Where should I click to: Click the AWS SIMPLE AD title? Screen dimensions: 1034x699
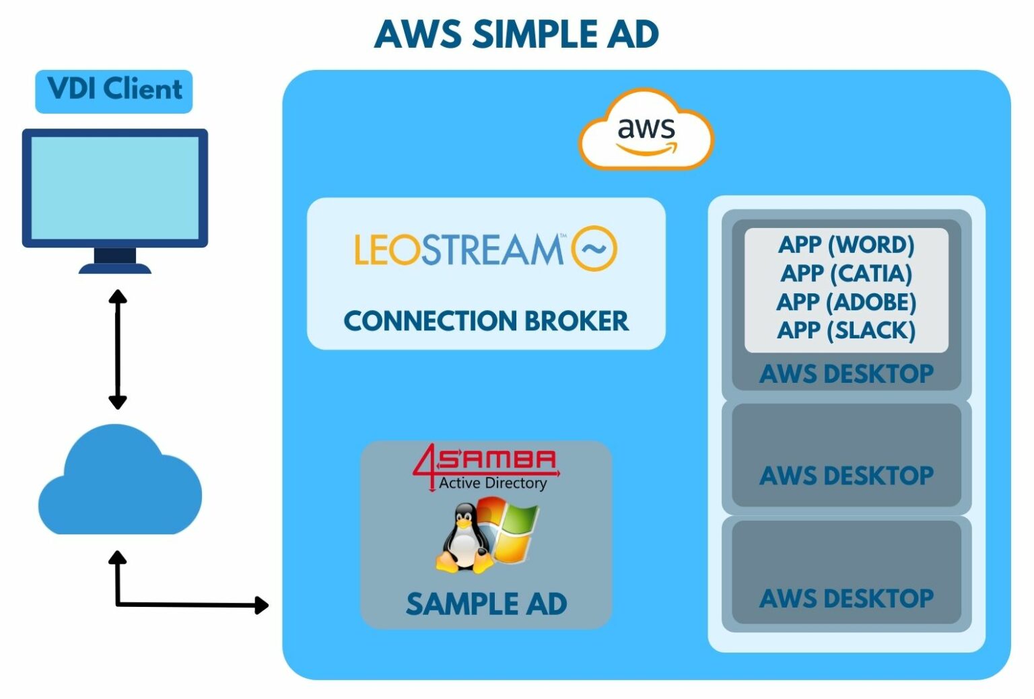click(516, 34)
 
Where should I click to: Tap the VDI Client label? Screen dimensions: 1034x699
click(115, 89)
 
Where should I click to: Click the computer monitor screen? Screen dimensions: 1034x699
click(115, 188)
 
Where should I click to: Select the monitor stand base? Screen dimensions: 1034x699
click(115, 268)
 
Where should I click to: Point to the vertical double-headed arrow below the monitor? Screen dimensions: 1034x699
click(118, 349)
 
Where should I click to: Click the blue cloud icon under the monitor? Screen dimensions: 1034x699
click(120, 480)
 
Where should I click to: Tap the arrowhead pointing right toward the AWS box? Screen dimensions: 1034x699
click(262, 605)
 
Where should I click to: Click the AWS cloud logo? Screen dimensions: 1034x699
click(646, 129)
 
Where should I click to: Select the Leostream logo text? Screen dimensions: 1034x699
click(460, 249)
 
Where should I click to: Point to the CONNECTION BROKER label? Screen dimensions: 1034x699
click(486, 321)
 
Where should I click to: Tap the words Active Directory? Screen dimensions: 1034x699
click(493, 483)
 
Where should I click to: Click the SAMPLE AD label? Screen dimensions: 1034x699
click(486, 604)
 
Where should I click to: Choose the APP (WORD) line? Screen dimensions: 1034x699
click(846, 244)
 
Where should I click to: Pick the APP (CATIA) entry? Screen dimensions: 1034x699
click(846, 273)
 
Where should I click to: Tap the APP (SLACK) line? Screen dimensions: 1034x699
click(846, 330)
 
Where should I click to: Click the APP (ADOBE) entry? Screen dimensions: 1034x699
click(846, 302)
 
